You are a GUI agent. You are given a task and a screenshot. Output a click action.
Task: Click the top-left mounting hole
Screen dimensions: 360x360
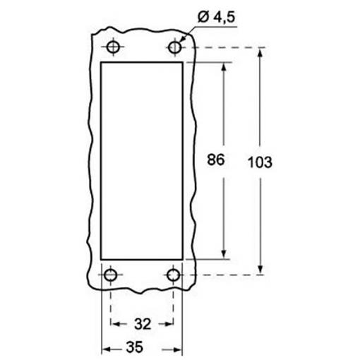(113, 47)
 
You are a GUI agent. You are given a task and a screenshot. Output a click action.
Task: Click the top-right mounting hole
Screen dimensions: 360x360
(175, 47)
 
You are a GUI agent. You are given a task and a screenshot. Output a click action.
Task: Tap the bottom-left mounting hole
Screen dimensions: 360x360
(110, 275)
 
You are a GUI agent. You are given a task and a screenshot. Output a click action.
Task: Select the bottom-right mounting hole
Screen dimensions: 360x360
(174, 275)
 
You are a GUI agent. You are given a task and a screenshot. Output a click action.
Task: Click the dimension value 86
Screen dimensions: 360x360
(215, 160)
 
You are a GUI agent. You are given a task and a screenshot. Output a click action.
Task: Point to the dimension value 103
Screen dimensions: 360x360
(260, 162)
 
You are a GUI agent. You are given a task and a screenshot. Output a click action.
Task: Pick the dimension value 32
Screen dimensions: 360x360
(143, 324)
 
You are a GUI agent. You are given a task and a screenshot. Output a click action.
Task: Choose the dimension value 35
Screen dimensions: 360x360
(134, 347)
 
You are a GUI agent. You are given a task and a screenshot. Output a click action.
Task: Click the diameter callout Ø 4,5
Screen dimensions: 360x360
(216, 17)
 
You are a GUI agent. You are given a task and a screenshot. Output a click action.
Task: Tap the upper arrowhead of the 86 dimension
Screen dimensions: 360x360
(224, 67)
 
